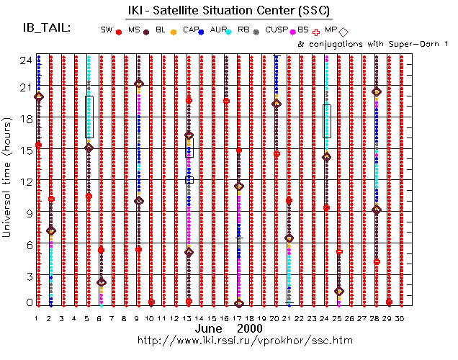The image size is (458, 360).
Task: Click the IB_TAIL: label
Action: [47, 27]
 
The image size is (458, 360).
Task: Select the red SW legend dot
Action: [118, 32]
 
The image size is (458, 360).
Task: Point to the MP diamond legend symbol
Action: [343, 31]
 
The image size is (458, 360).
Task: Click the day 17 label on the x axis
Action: [239, 317]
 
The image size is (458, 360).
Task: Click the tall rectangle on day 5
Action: [89, 117]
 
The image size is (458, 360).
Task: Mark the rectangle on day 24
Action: [327, 121]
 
